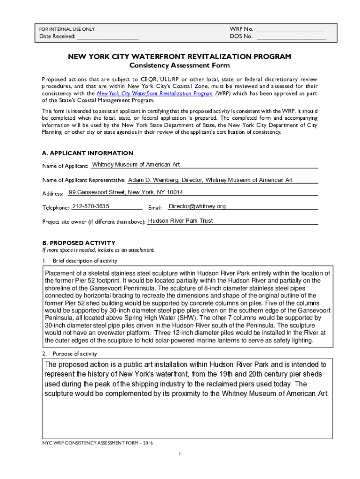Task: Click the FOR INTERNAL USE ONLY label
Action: point(67,29)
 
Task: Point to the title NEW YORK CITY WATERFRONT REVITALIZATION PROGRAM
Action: point(180,57)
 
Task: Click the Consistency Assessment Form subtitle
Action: point(180,65)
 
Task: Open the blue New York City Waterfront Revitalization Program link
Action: point(154,94)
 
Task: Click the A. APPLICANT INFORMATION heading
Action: point(87,153)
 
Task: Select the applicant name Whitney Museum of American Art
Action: point(136,165)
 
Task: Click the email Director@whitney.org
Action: point(197,206)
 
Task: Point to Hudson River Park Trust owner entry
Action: point(180,221)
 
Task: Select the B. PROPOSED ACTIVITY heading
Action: point(79,243)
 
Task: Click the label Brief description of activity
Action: point(85,261)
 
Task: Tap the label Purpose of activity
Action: point(75,354)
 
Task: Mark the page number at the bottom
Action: point(180,454)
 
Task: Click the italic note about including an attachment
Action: point(98,250)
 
